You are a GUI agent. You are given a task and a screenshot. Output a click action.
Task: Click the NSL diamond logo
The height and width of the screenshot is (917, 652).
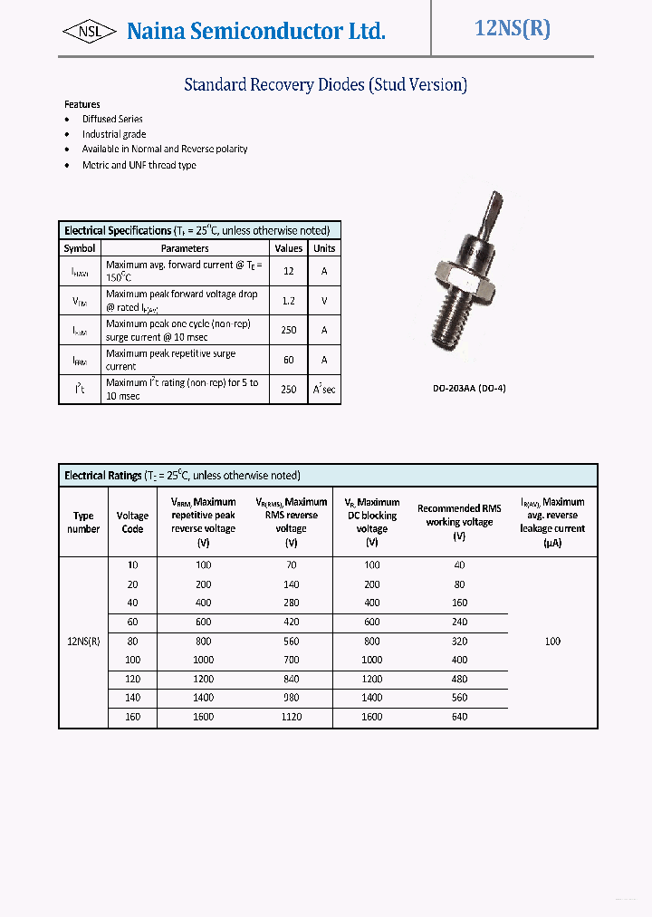[x=89, y=32]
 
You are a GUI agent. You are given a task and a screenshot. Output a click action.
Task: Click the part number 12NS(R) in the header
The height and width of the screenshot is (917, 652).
[x=513, y=28]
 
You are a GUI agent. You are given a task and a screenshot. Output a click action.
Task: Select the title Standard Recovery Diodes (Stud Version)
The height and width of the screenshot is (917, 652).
[x=325, y=85]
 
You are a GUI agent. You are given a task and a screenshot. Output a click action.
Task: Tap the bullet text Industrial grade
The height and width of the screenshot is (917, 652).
[x=114, y=134]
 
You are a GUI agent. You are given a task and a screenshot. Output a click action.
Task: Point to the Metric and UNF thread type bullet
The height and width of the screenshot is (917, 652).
[x=139, y=165]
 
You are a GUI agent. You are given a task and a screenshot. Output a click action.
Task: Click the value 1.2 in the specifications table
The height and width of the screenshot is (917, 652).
[x=289, y=301]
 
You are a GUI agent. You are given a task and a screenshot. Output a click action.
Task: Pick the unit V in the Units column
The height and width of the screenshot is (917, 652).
[x=323, y=301]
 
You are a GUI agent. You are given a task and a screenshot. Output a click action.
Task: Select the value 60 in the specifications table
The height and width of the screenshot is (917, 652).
[x=289, y=360]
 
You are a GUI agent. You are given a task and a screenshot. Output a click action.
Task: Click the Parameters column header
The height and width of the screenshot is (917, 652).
[x=185, y=248]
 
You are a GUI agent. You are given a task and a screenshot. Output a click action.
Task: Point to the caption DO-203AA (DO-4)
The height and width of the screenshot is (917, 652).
[x=469, y=389]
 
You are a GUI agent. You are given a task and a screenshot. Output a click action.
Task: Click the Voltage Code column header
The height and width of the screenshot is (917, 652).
[x=132, y=522]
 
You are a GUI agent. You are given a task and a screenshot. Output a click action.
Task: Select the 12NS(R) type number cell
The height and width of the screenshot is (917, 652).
[x=83, y=641]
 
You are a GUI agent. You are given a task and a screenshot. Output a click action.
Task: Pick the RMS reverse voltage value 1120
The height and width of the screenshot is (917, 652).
[x=291, y=717]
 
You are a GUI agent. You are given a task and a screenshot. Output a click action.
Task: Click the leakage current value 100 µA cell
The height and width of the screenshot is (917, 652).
[x=552, y=641]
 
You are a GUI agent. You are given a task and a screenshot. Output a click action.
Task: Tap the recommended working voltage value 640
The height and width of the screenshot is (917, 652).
[x=459, y=717]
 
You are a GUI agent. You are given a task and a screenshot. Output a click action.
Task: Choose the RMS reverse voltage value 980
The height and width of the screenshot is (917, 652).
[x=291, y=698]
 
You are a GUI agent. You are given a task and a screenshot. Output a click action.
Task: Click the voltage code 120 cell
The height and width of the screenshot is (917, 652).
[x=132, y=679]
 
